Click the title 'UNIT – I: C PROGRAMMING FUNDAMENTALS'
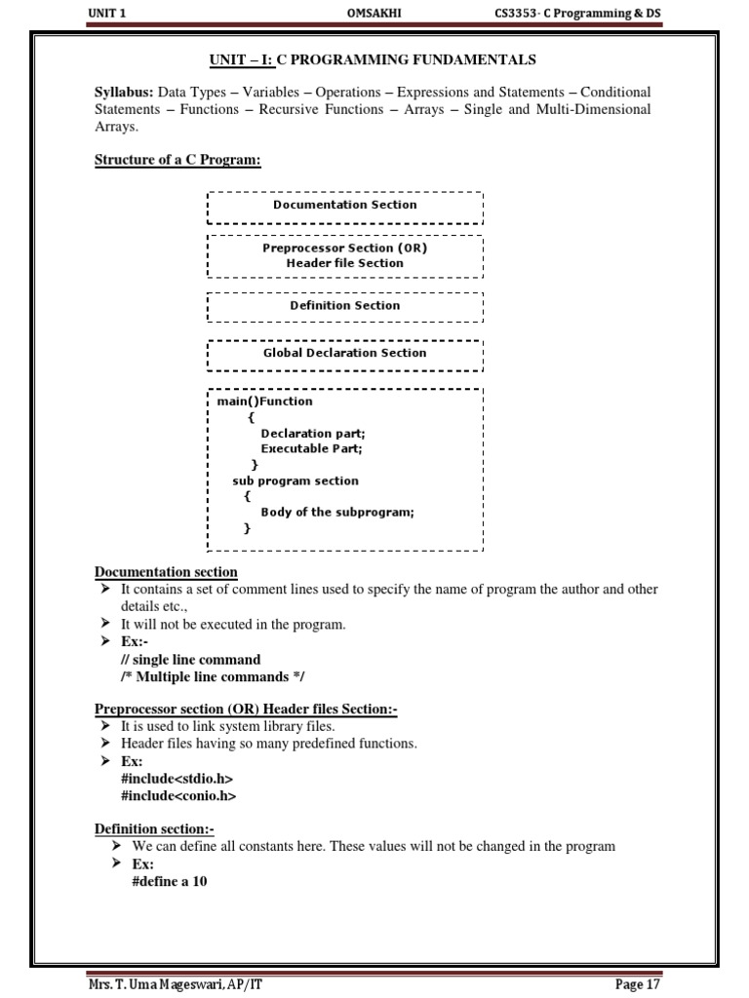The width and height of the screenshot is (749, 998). point(374,60)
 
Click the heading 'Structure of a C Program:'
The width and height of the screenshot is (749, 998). point(177,160)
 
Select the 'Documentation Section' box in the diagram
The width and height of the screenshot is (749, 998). point(344,205)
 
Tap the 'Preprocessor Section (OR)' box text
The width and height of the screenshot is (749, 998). point(344,248)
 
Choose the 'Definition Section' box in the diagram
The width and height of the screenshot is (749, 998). point(344,305)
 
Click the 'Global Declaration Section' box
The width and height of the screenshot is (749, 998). point(344,353)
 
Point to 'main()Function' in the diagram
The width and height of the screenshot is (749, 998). point(264,401)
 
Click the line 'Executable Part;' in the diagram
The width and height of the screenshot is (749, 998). point(311,448)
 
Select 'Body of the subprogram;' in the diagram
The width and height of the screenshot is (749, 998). point(336,512)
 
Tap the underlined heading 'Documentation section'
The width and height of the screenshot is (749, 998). point(165,572)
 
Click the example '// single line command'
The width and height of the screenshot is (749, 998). point(190,660)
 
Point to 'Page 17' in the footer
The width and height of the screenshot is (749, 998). point(638,984)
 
